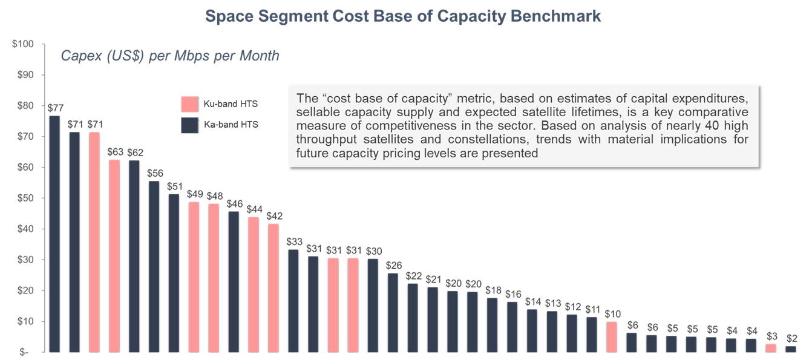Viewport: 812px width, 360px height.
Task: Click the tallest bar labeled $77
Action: (x=54, y=234)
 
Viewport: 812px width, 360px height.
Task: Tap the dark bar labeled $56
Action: (x=154, y=266)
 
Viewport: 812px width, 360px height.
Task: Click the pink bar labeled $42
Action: (x=273, y=287)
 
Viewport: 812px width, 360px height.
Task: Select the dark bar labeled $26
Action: (x=393, y=312)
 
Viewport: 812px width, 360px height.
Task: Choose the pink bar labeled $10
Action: (x=612, y=336)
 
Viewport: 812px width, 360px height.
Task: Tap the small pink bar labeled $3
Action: (x=771, y=347)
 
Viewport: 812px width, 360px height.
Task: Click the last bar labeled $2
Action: (x=791, y=349)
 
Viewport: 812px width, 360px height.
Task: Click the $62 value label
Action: (x=134, y=152)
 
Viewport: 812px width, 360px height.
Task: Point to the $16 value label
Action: (x=513, y=294)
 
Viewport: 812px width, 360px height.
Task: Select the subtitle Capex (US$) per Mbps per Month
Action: (x=170, y=56)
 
